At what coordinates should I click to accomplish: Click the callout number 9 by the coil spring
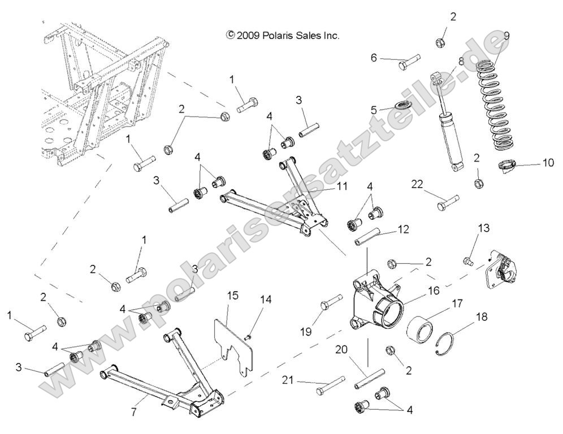pos(506,36)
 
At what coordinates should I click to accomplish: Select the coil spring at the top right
pos(500,107)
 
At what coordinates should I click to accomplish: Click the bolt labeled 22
pos(448,202)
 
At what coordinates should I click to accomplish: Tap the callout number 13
pos(484,228)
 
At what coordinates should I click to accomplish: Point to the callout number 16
pos(433,290)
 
